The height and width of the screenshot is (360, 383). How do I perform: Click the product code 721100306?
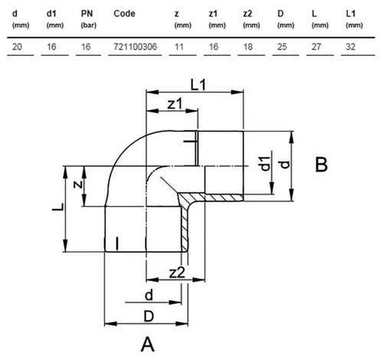136,47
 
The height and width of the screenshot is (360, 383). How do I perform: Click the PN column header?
87,14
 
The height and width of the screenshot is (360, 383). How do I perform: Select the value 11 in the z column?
179,47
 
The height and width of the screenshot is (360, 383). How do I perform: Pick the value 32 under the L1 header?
350,47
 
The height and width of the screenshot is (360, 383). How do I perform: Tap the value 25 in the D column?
282,47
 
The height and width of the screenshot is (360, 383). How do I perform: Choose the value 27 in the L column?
316,47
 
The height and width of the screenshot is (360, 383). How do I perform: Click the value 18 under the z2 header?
247,47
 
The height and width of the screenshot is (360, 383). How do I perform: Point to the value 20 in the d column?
17,47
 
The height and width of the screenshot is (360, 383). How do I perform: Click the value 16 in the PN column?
86,47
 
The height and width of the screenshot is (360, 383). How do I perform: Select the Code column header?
124,14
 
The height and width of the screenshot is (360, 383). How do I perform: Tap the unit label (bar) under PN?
89,25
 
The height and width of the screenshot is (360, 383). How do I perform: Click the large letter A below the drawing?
148,345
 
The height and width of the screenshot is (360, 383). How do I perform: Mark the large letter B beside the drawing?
321,165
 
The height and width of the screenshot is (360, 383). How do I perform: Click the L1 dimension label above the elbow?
198,84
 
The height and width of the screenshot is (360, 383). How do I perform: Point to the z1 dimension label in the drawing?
175,103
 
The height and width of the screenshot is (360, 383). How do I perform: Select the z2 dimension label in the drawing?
177,273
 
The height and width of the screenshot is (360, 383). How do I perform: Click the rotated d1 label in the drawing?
266,163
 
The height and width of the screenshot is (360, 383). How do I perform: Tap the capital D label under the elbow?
149,316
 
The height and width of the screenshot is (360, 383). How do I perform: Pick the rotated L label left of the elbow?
57,207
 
